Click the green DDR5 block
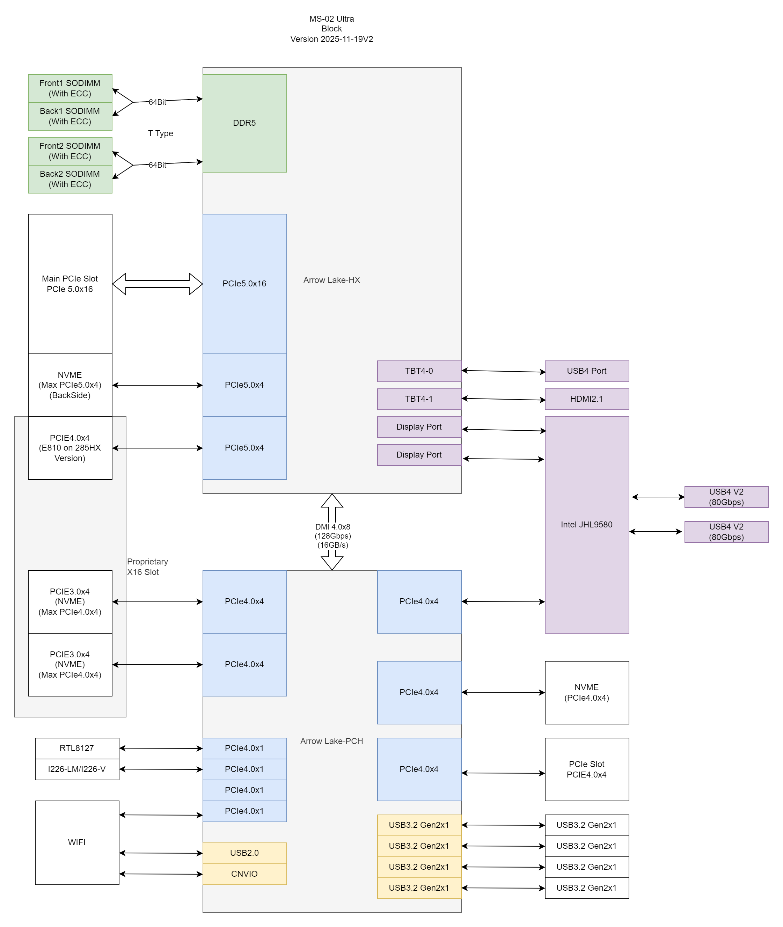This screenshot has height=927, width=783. tap(244, 123)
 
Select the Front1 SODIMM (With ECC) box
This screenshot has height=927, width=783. tap(70, 88)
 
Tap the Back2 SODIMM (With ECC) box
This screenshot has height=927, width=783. tap(70, 179)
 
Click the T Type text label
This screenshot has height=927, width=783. tap(160, 133)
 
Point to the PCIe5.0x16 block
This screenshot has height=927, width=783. tap(244, 283)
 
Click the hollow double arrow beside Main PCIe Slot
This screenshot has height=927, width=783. tap(157, 284)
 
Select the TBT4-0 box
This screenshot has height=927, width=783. tap(419, 371)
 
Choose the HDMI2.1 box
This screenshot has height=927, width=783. tap(586, 399)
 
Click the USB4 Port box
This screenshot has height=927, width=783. tap(586, 371)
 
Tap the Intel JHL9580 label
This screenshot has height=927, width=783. tap(586, 524)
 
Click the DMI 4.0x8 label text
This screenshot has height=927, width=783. tap(332, 526)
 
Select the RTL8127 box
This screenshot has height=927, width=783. tap(77, 748)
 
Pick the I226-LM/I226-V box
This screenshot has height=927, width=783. tap(77, 769)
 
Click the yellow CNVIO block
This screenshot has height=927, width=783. tap(244, 874)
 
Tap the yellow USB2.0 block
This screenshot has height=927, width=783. tap(244, 853)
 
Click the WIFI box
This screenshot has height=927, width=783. tap(77, 842)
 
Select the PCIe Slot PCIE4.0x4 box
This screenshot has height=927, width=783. tap(586, 769)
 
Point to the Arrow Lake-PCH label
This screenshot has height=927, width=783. tap(331, 741)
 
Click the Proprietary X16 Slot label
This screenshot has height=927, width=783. tap(147, 567)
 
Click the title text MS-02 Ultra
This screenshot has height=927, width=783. tap(331, 19)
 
